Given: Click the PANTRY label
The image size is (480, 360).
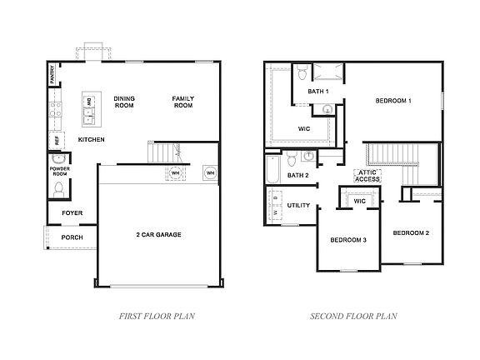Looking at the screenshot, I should (52, 77).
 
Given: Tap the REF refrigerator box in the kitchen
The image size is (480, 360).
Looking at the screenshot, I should (56, 140).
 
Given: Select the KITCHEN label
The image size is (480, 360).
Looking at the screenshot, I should (91, 139).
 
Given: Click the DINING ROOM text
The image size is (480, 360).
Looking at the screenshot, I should (123, 102).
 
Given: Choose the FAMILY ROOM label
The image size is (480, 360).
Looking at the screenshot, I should (182, 102).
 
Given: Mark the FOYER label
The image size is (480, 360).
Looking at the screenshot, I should (72, 213).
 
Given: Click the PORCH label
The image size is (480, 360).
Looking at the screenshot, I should (72, 237).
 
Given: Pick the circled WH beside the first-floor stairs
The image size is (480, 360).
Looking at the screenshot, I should (176, 173).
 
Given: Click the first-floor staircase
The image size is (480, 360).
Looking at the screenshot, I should (164, 153).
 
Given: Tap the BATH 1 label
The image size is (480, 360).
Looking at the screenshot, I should (317, 91).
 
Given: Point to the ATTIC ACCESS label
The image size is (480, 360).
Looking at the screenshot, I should (367, 175).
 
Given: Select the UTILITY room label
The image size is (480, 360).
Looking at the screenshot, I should (298, 205).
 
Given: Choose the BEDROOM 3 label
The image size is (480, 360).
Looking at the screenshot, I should (348, 240).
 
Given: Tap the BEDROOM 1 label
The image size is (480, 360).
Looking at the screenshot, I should (393, 101).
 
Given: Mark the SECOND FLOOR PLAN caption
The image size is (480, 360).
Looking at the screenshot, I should (353, 316).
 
